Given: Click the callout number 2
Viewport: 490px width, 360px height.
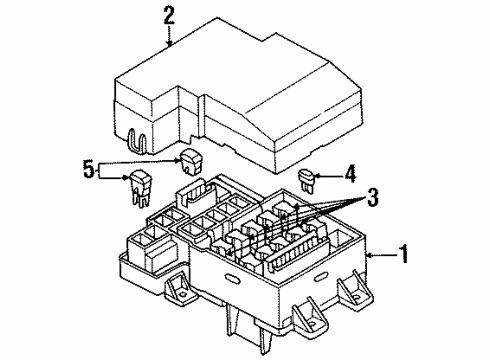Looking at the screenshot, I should [169, 14].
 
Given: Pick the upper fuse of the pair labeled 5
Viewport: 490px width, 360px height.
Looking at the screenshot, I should [191, 156].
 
